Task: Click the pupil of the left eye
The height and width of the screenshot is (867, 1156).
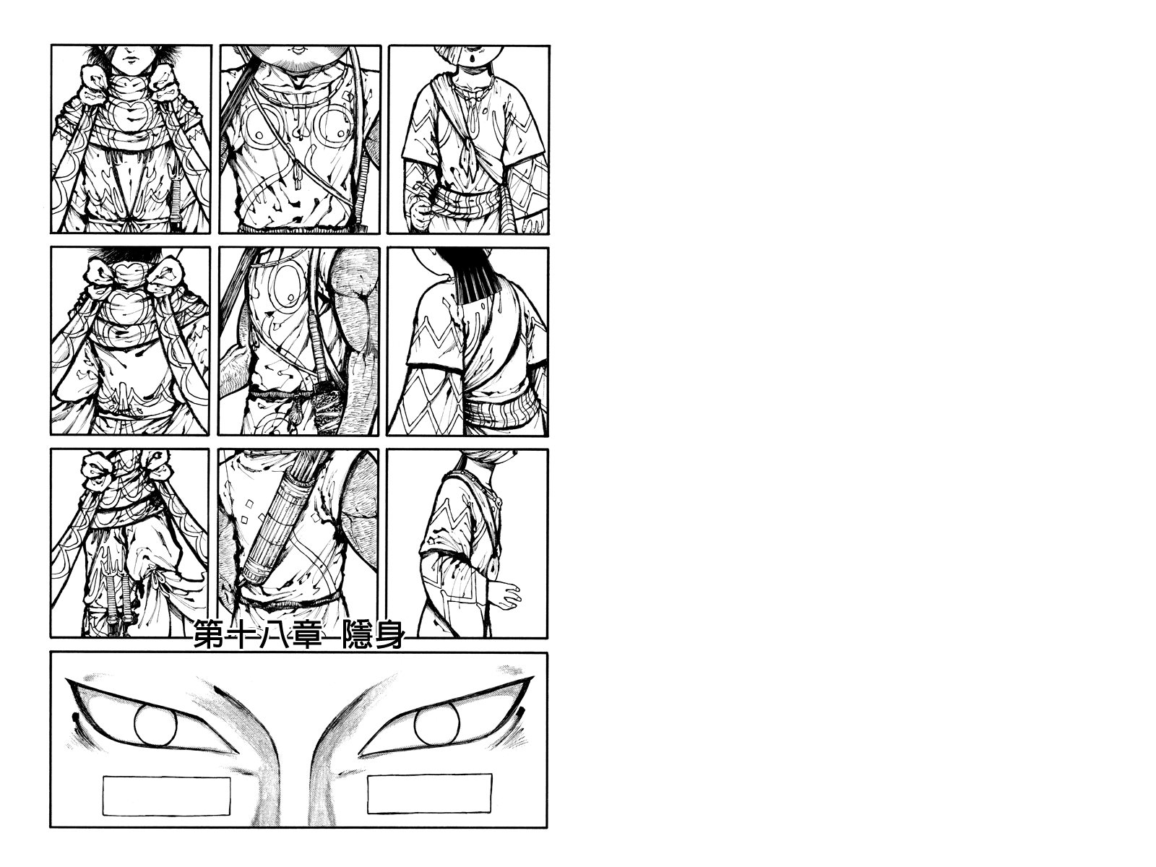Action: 155,725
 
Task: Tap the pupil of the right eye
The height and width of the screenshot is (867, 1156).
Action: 436,722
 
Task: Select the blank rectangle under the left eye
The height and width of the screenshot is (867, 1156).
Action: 166,795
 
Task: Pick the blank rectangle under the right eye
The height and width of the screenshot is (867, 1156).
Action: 430,793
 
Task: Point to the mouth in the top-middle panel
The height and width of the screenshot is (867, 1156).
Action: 298,51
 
